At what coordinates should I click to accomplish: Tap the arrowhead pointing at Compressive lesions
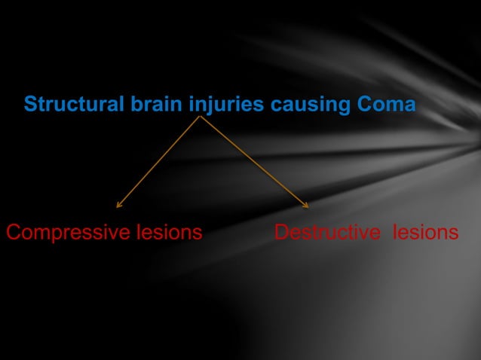pyautogui.click(x=118, y=204)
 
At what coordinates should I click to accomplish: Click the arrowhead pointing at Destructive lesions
pyautogui.click(x=306, y=204)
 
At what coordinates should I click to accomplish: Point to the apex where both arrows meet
pyautogui.click(x=201, y=117)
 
